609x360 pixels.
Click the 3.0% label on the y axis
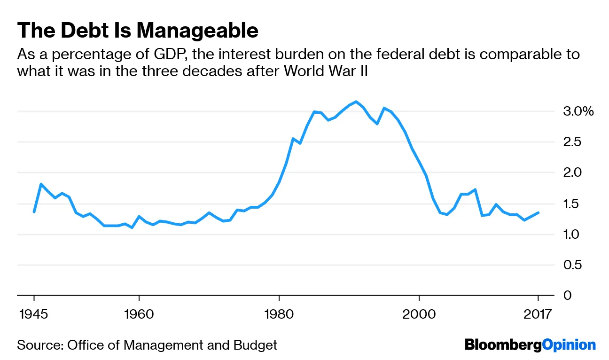point(578,112)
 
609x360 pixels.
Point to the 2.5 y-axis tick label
point(572,142)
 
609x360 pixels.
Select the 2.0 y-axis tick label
point(572,173)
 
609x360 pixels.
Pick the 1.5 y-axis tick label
point(572,204)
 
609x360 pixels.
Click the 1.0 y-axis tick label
point(572,235)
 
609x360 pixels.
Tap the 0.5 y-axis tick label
point(572,265)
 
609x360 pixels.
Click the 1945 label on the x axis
point(34,313)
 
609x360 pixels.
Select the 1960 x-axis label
point(139,313)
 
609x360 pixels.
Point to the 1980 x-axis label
point(279,313)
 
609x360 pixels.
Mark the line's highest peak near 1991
point(356,102)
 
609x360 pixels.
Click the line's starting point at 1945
point(34,212)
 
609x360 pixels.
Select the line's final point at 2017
point(538,212)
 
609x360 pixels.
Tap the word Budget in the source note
point(255,345)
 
